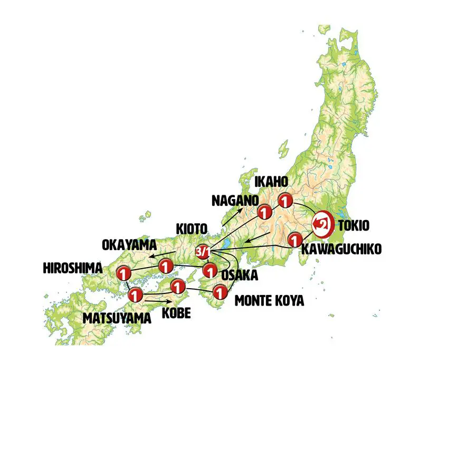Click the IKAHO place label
pos(271,182)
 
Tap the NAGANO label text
pos(235,201)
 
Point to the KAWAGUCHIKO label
pos(340,249)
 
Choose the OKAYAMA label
pos(129,245)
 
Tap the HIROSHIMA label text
pos(73,269)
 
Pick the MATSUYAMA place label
pos(117,318)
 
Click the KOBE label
pos(176,313)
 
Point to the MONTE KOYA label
pos(269,301)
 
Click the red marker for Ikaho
pos(285,201)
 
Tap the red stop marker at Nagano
pos(264,212)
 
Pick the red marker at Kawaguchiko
pos(294,241)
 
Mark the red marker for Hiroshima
pos(123,273)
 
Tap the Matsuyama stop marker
pos(135,295)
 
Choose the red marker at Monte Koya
pos(219,291)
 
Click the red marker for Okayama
pos(166,267)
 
